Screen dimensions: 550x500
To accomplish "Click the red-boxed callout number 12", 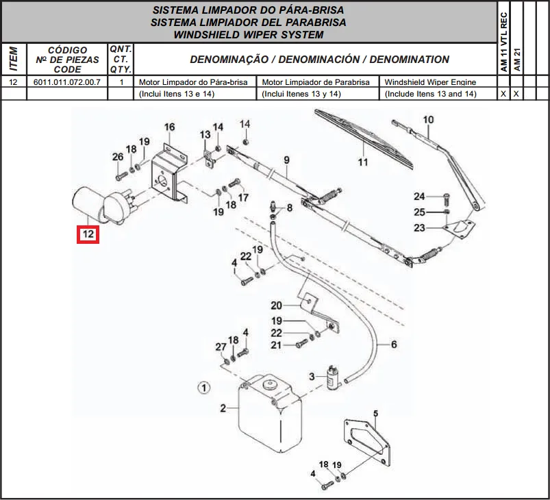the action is tap(88, 234).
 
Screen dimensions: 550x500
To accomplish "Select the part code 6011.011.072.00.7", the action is tap(67, 82).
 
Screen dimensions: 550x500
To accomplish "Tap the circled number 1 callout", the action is tap(204, 388).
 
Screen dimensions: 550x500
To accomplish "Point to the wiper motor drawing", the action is tap(102, 206).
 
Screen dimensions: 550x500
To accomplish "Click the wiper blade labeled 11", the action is tap(363, 138).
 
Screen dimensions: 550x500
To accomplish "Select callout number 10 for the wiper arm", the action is tap(428, 120).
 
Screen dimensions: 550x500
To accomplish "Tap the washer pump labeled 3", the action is tap(332, 377).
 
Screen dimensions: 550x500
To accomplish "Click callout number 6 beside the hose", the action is tap(394, 345).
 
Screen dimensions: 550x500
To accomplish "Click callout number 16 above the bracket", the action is tap(169, 127).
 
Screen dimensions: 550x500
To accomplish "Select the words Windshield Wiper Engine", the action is tap(430, 82).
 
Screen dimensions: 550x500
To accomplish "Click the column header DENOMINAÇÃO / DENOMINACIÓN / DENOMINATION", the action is tap(320, 60).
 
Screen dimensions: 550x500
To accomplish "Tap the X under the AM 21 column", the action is tap(516, 94).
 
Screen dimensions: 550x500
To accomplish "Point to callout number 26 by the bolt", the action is tap(118, 156).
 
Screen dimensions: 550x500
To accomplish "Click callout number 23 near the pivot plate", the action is tap(419, 227).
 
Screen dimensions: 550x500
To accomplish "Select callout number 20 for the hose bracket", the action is tap(276, 305).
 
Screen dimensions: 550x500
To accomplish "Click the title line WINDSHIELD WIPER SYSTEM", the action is tap(249, 35).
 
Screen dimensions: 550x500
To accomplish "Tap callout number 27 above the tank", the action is tap(221, 347).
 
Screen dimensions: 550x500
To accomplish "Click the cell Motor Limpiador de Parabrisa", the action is tap(316, 82).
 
